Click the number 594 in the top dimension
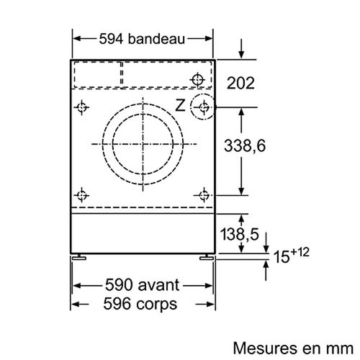[109, 40]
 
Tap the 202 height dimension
[240, 84]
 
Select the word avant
[158, 285]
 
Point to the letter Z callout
[180, 106]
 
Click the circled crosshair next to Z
[204, 108]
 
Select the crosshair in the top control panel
[199, 78]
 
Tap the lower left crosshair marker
[82, 194]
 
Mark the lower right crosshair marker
[204, 194]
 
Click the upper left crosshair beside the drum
[82, 108]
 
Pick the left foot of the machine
[79, 256]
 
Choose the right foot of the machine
[206, 256]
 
